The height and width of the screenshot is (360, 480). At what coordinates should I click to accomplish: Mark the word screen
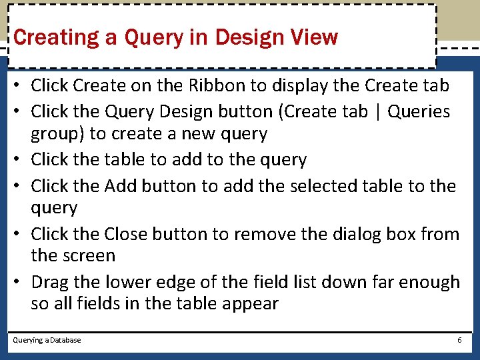click(x=92, y=255)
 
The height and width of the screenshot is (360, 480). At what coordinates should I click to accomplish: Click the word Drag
click(x=49, y=282)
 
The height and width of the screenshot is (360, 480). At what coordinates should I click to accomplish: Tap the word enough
click(x=427, y=282)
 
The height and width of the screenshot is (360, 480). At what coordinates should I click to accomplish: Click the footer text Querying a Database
click(x=47, y=340)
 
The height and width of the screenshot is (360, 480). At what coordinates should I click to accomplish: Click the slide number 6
click(x=459, y=340)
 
